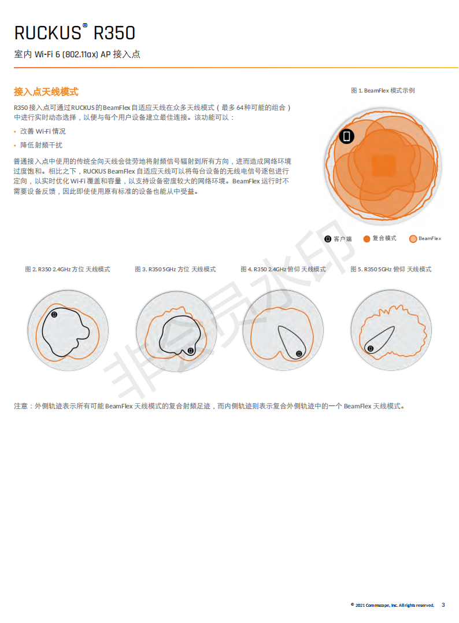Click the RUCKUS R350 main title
point(75,32)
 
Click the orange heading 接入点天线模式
point(46,92)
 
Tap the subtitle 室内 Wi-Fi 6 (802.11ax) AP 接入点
point(77,54)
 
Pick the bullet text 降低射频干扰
point(41,145)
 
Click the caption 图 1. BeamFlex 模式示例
point(383,91)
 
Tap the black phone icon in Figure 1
point(347,137)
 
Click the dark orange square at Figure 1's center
point(383,165)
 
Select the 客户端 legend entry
point(338,239)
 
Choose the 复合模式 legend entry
point(380,238)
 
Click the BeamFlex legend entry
point(425,238)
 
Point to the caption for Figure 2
point(68,270)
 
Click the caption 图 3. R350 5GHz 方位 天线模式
point(176,270)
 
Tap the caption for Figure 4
point(283,270)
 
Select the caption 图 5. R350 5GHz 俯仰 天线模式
point(391,270)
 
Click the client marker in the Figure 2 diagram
point(54,315)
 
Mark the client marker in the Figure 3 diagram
point(191,351)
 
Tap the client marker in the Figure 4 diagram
point(299,353)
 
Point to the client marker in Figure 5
point(371,348)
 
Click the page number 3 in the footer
point(443,605)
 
